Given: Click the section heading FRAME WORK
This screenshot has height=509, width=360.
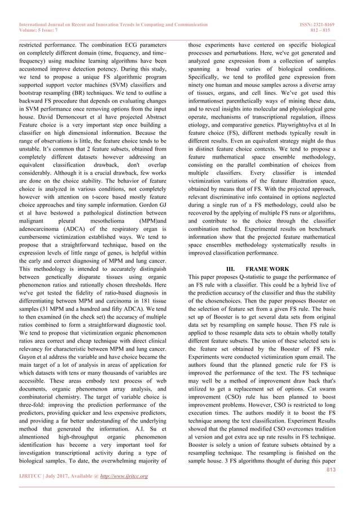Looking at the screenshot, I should click(273, 269).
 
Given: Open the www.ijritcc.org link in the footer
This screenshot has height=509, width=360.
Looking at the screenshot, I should click(124, 476).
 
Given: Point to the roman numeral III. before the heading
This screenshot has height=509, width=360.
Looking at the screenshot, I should click(230, 269).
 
